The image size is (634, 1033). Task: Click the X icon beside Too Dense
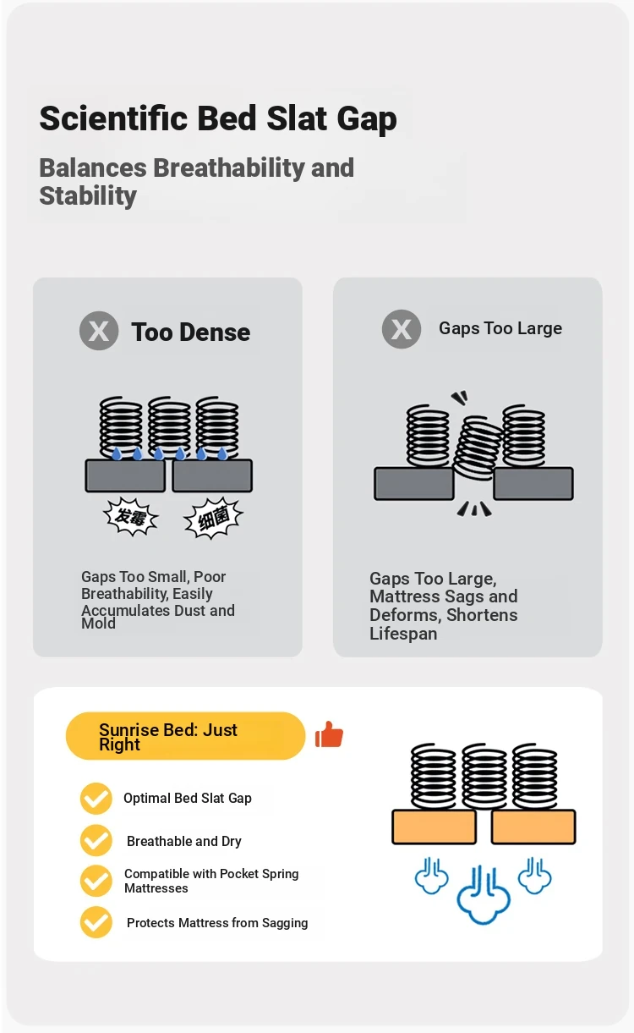[99, 331]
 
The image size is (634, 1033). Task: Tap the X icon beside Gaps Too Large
[402, 329]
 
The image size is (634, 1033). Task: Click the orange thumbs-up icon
[329, 734]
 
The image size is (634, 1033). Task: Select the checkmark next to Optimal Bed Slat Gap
[96, 799]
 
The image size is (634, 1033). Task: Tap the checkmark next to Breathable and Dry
[96, 840]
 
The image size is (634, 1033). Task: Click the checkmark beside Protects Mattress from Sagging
[96, 922]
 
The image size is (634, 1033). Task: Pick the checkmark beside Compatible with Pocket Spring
[96, 881]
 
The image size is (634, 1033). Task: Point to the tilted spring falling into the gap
[477, 448]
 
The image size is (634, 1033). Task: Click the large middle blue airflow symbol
[484, 895]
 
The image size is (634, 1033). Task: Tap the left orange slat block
[434, 827]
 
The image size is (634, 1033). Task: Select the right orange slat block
[533, 827]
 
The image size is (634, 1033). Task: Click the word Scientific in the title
[113, 118]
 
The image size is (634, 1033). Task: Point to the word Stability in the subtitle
[88, 196]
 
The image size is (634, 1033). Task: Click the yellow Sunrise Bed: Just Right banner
[185, 736]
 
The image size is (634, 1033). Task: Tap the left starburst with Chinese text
[131, 516]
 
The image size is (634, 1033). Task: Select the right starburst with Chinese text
[213, 519]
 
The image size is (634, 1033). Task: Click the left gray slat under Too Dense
[125, 475]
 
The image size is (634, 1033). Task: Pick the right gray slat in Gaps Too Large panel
[533, 483]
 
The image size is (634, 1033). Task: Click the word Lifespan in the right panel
[403, 634]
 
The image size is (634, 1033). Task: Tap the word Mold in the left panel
[99, 624]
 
